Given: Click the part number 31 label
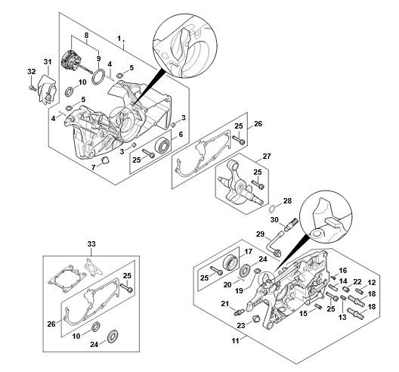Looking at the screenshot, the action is pos(48,62).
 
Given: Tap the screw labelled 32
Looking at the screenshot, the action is pos(32,88).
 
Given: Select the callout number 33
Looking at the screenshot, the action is pos(91,244).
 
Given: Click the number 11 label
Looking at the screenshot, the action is pos(235,340).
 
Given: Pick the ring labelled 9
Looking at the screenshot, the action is pos(98,76).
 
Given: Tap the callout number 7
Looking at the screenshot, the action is pos(94,167).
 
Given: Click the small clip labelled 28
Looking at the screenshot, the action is pos(272,209).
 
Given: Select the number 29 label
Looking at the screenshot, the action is pos(260,234).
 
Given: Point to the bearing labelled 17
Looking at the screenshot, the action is pos(230,262).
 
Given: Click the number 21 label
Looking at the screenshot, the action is pos(225,304).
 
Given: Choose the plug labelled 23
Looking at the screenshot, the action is pos(255,318).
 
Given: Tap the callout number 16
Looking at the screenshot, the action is pos(343,271).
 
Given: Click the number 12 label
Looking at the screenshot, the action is pos(372,282).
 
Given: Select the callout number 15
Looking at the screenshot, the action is pos(303,314).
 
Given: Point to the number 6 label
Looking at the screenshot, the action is pos(181,134).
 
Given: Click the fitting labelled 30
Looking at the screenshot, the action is pos(291,225).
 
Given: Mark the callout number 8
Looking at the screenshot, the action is pos(86,36).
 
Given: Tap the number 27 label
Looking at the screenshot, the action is pos(267,156).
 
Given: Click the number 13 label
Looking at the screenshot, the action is pos(342,318).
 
